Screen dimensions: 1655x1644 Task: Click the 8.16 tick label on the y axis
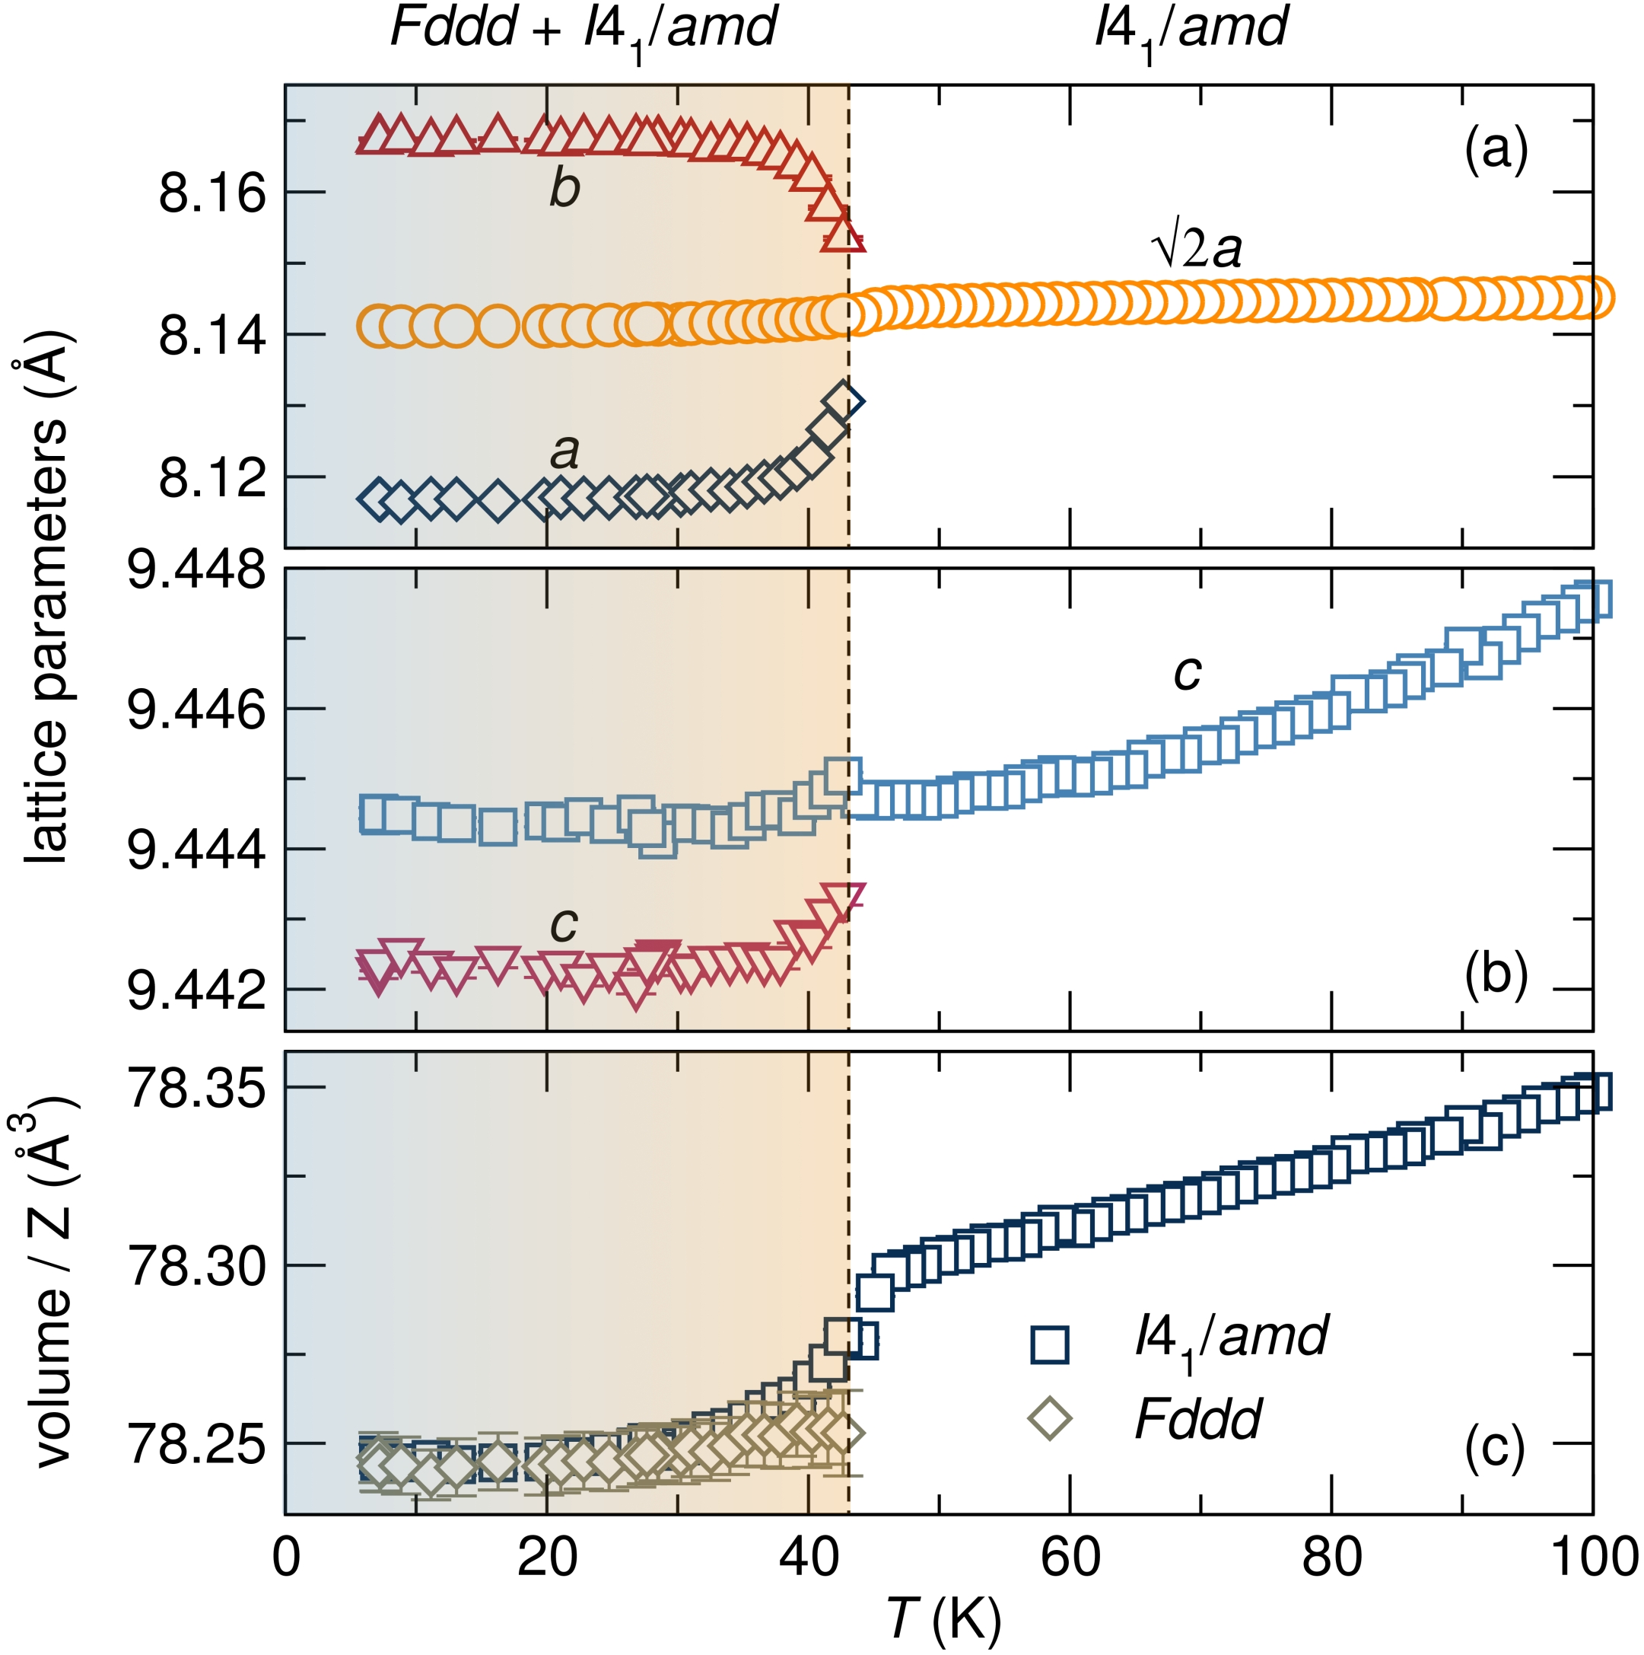[212, 193]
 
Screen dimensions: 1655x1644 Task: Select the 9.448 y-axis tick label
[197, 569]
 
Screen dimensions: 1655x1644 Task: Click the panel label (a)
[1495, 151]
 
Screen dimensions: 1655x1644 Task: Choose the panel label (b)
[1495, 975]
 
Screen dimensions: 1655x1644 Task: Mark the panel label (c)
[1495, 1448]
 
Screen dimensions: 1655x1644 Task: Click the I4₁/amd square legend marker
[1050, 1345]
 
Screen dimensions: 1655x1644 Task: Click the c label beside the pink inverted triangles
[564, 924]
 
